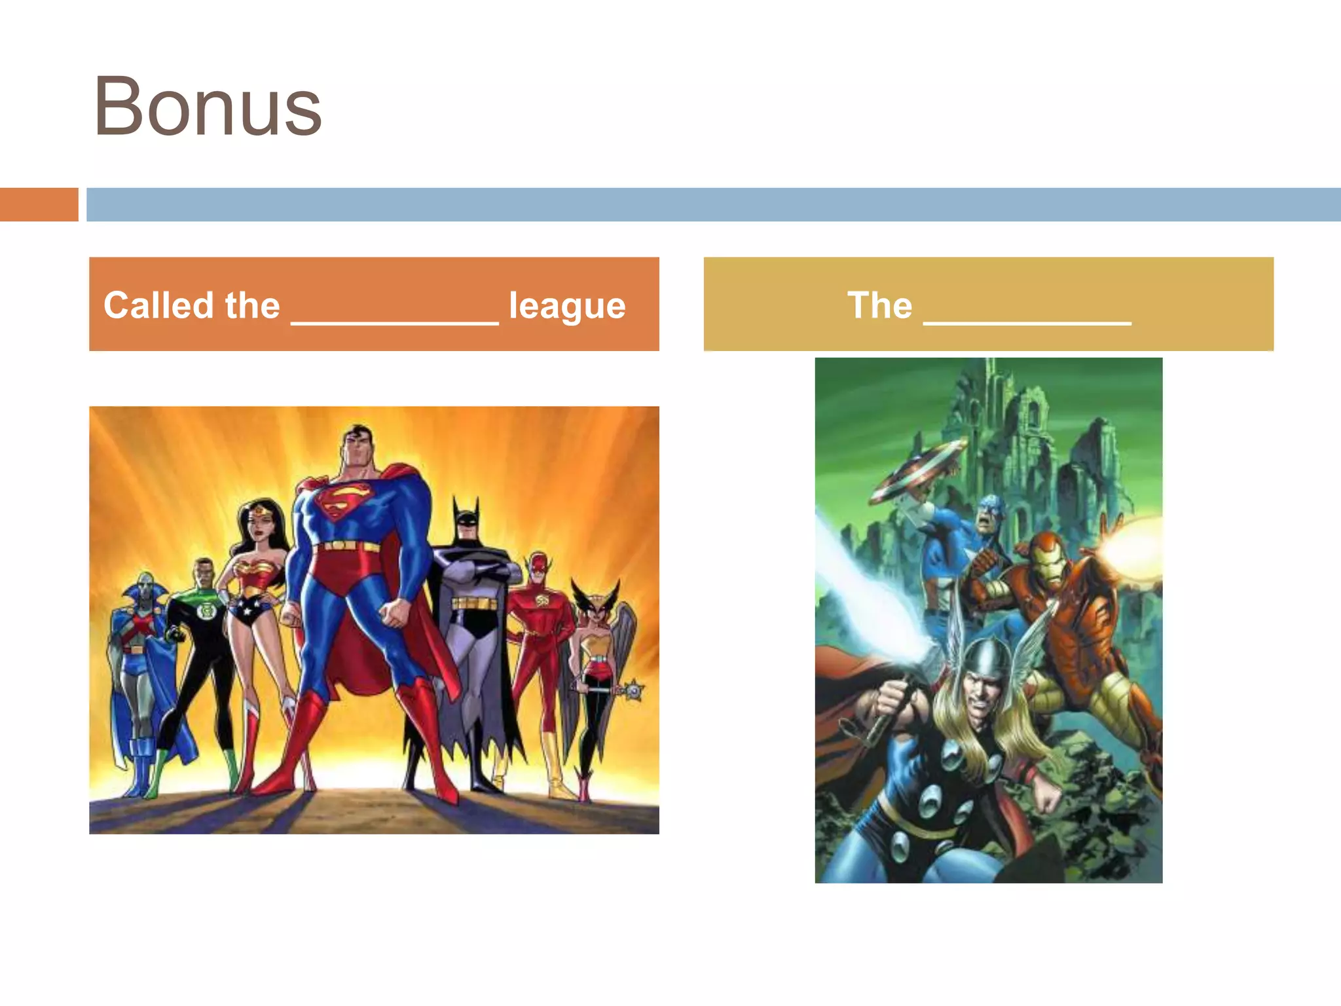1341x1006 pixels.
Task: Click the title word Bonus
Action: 208,107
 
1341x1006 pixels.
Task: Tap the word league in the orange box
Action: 567,306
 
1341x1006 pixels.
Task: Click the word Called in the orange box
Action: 159,305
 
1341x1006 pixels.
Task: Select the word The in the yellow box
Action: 879,305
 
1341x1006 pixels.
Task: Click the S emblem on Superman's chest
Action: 343,501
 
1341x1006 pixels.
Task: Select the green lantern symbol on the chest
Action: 204,611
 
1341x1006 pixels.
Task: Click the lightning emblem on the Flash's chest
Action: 542,601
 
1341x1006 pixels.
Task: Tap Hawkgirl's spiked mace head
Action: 633,690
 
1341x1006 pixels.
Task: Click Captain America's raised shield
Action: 917,470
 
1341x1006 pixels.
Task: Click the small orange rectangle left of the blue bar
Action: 39,204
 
